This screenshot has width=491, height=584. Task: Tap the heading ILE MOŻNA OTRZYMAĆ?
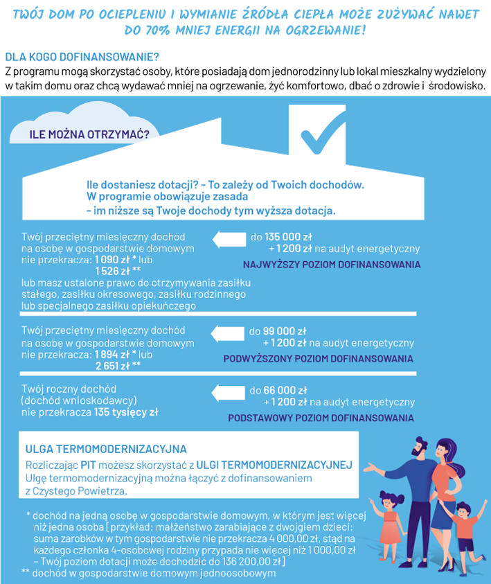point(89,134)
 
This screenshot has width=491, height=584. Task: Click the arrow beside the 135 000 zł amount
point(229,240)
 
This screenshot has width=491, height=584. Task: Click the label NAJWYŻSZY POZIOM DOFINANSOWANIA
point(331,265)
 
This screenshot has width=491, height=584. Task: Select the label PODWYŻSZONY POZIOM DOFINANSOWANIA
point(318,359)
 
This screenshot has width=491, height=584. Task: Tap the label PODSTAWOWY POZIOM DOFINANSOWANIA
point(321,418)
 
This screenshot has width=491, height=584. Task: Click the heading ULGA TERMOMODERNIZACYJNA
point(106,449)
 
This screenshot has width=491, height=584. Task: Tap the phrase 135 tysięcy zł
point(126,412)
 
